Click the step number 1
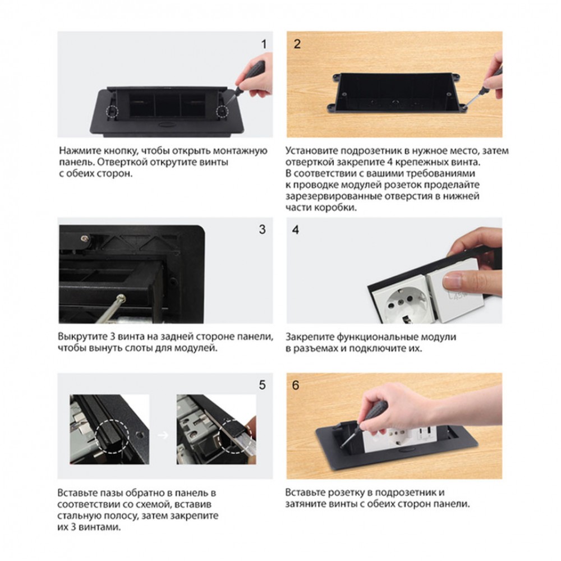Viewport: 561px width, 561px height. click(264, 44)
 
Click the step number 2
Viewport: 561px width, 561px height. click(297, 44)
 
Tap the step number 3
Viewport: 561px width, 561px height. click(262, 229)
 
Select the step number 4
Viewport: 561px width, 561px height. click(296, 229)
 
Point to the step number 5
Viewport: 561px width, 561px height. click(262, 385)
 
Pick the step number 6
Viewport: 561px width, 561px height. click(296, 385)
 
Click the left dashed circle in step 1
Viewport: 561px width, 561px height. click(112, 112)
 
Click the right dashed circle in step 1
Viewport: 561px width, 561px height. click(222, 112)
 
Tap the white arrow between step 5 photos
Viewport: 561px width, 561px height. click(163, 435)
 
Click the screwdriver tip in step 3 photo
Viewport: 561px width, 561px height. click(122, 297)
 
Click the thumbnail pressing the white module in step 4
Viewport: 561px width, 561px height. click(453, 280)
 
